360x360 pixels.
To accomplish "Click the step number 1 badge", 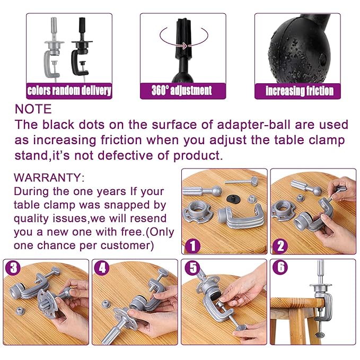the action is pos(192,245).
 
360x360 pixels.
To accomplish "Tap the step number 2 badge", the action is pos(281,245).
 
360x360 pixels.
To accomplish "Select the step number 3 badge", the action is pos(13,267).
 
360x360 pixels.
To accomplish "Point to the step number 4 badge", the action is pos(102,267).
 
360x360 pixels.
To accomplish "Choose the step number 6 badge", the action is pos(280,267).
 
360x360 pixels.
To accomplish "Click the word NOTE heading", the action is pos(33,109).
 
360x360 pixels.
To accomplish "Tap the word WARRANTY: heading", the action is pos(49,178).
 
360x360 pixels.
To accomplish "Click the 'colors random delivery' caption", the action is pos(69,91).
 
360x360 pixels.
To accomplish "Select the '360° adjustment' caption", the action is pos(182,90).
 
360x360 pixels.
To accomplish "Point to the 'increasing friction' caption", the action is pos(300,91).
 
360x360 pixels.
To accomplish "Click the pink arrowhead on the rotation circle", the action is pos(185,46).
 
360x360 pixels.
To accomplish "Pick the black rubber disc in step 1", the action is pos(235,198).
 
